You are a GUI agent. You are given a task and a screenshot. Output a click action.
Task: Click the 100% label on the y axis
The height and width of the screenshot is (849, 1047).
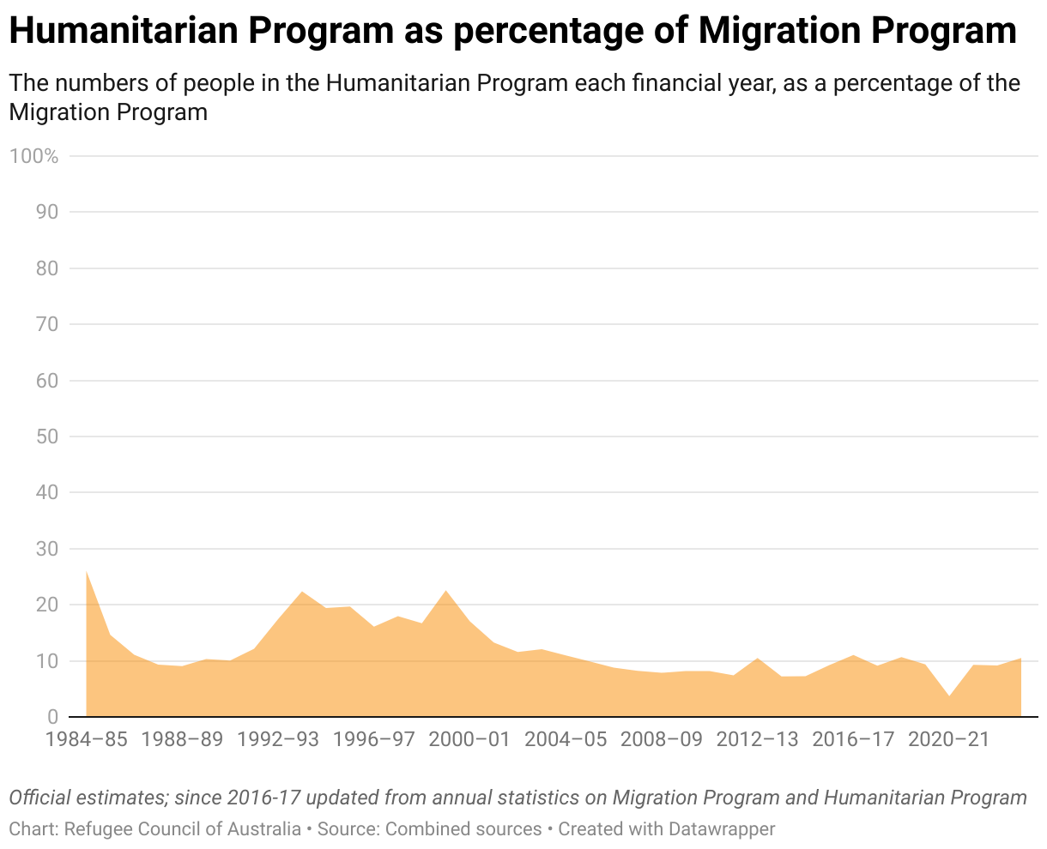point(33,156)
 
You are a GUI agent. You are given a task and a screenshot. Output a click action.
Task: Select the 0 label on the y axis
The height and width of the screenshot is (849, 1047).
point(52,717)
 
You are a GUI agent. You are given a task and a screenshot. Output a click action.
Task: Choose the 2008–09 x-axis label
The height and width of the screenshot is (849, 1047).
point(661,739)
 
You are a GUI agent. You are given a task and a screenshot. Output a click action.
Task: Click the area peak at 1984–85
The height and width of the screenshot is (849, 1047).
point(87,571)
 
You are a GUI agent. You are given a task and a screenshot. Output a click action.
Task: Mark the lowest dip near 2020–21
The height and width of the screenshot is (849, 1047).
point(949,696)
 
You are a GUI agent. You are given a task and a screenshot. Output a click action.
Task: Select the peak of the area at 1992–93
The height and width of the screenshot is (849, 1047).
point(302,592)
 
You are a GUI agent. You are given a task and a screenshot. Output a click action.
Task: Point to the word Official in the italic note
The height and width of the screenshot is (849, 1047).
point(41,798)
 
